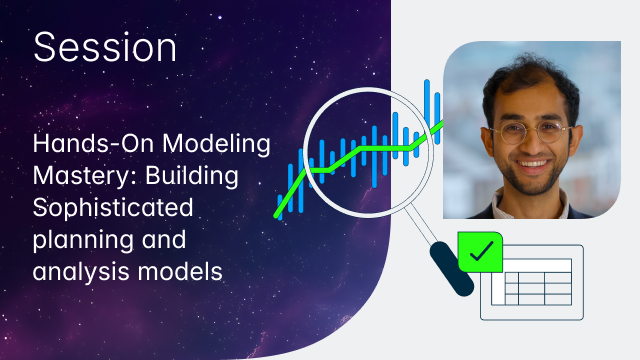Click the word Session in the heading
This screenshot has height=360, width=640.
click(x=105, y=47)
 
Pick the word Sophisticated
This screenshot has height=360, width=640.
click(x=110, y=210)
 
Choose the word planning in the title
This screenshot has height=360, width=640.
click(x=79, y=240)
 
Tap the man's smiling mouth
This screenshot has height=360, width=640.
click(x=533, y=167)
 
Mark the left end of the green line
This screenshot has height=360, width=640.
click(x=277, y=217)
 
